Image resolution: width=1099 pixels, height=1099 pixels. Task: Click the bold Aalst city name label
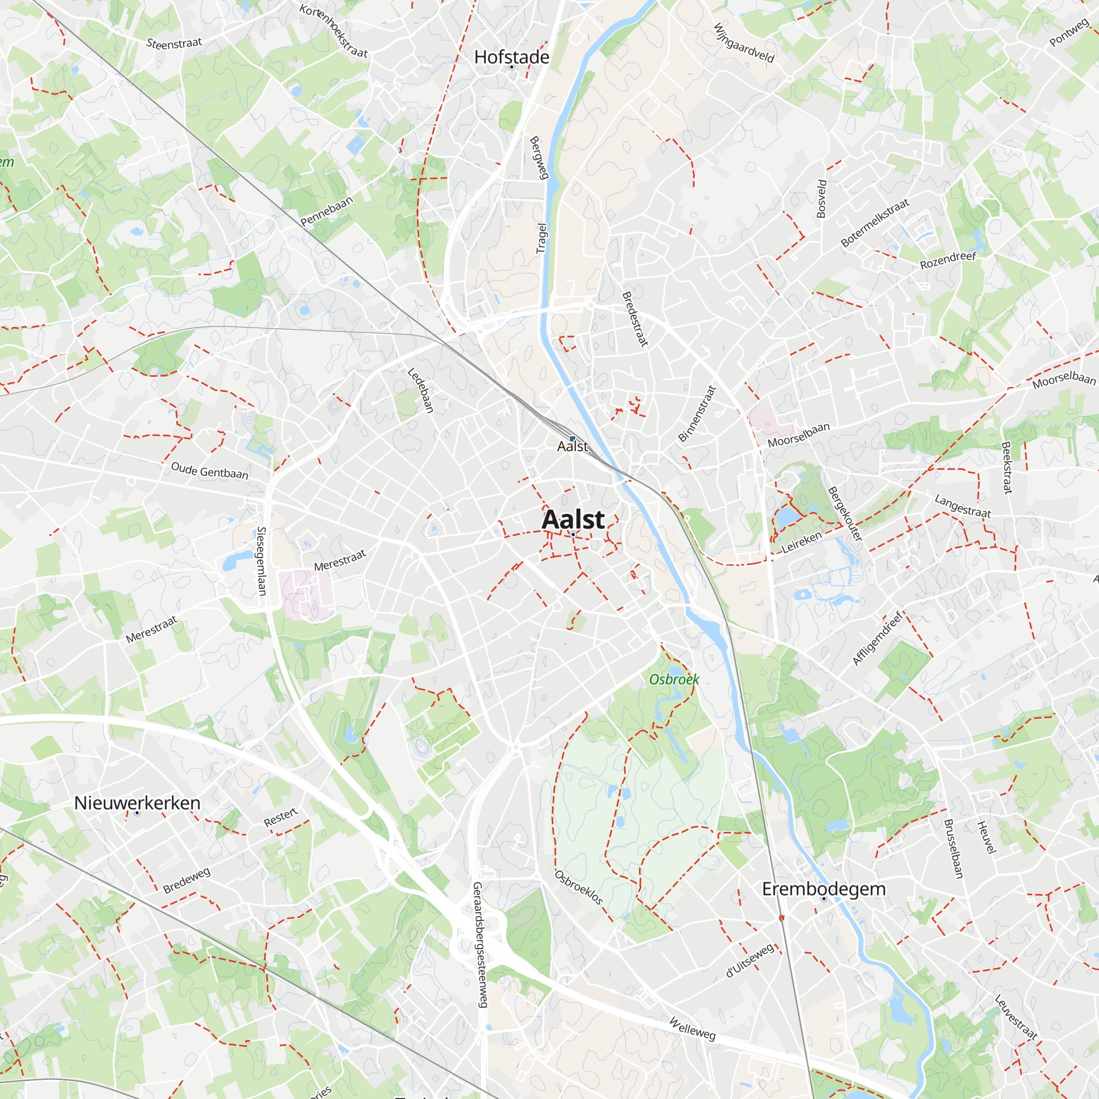(x=573, y=519)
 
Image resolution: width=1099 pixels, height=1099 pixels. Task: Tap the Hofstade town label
(x=512, y=58)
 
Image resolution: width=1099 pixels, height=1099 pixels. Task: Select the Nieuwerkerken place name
(x=137, y=803)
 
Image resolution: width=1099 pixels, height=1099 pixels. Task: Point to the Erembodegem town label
(x=824, y=889)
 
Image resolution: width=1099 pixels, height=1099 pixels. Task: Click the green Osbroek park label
(x=674, y=680)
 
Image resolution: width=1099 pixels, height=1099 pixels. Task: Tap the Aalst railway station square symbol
(x=572, y=439)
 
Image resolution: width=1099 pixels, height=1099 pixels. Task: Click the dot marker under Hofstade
(x=512, y=67)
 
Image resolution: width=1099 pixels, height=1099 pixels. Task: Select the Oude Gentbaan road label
(x=209, y=471)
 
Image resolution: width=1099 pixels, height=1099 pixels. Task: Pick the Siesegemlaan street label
(x=262, y=561)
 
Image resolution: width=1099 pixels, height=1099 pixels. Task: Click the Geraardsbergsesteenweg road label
(x=481, y=944)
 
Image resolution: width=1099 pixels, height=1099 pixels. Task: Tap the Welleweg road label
(x=692, y=1029)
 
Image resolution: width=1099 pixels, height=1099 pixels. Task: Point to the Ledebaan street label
(x=421, y=390)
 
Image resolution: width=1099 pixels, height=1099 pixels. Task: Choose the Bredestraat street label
(x=635, y=319)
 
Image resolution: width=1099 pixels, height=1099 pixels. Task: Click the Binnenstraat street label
(x=697, y=414)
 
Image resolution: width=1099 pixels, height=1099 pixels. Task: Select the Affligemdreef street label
(x=878, y=638)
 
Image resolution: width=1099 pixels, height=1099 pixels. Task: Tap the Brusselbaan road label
(x=953, y=849)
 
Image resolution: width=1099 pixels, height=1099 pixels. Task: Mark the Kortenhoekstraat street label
(x=334, y=31)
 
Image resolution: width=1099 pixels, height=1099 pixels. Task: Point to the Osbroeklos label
(x=579, y=887)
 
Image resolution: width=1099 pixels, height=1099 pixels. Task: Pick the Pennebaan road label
(x=326, y=211)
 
